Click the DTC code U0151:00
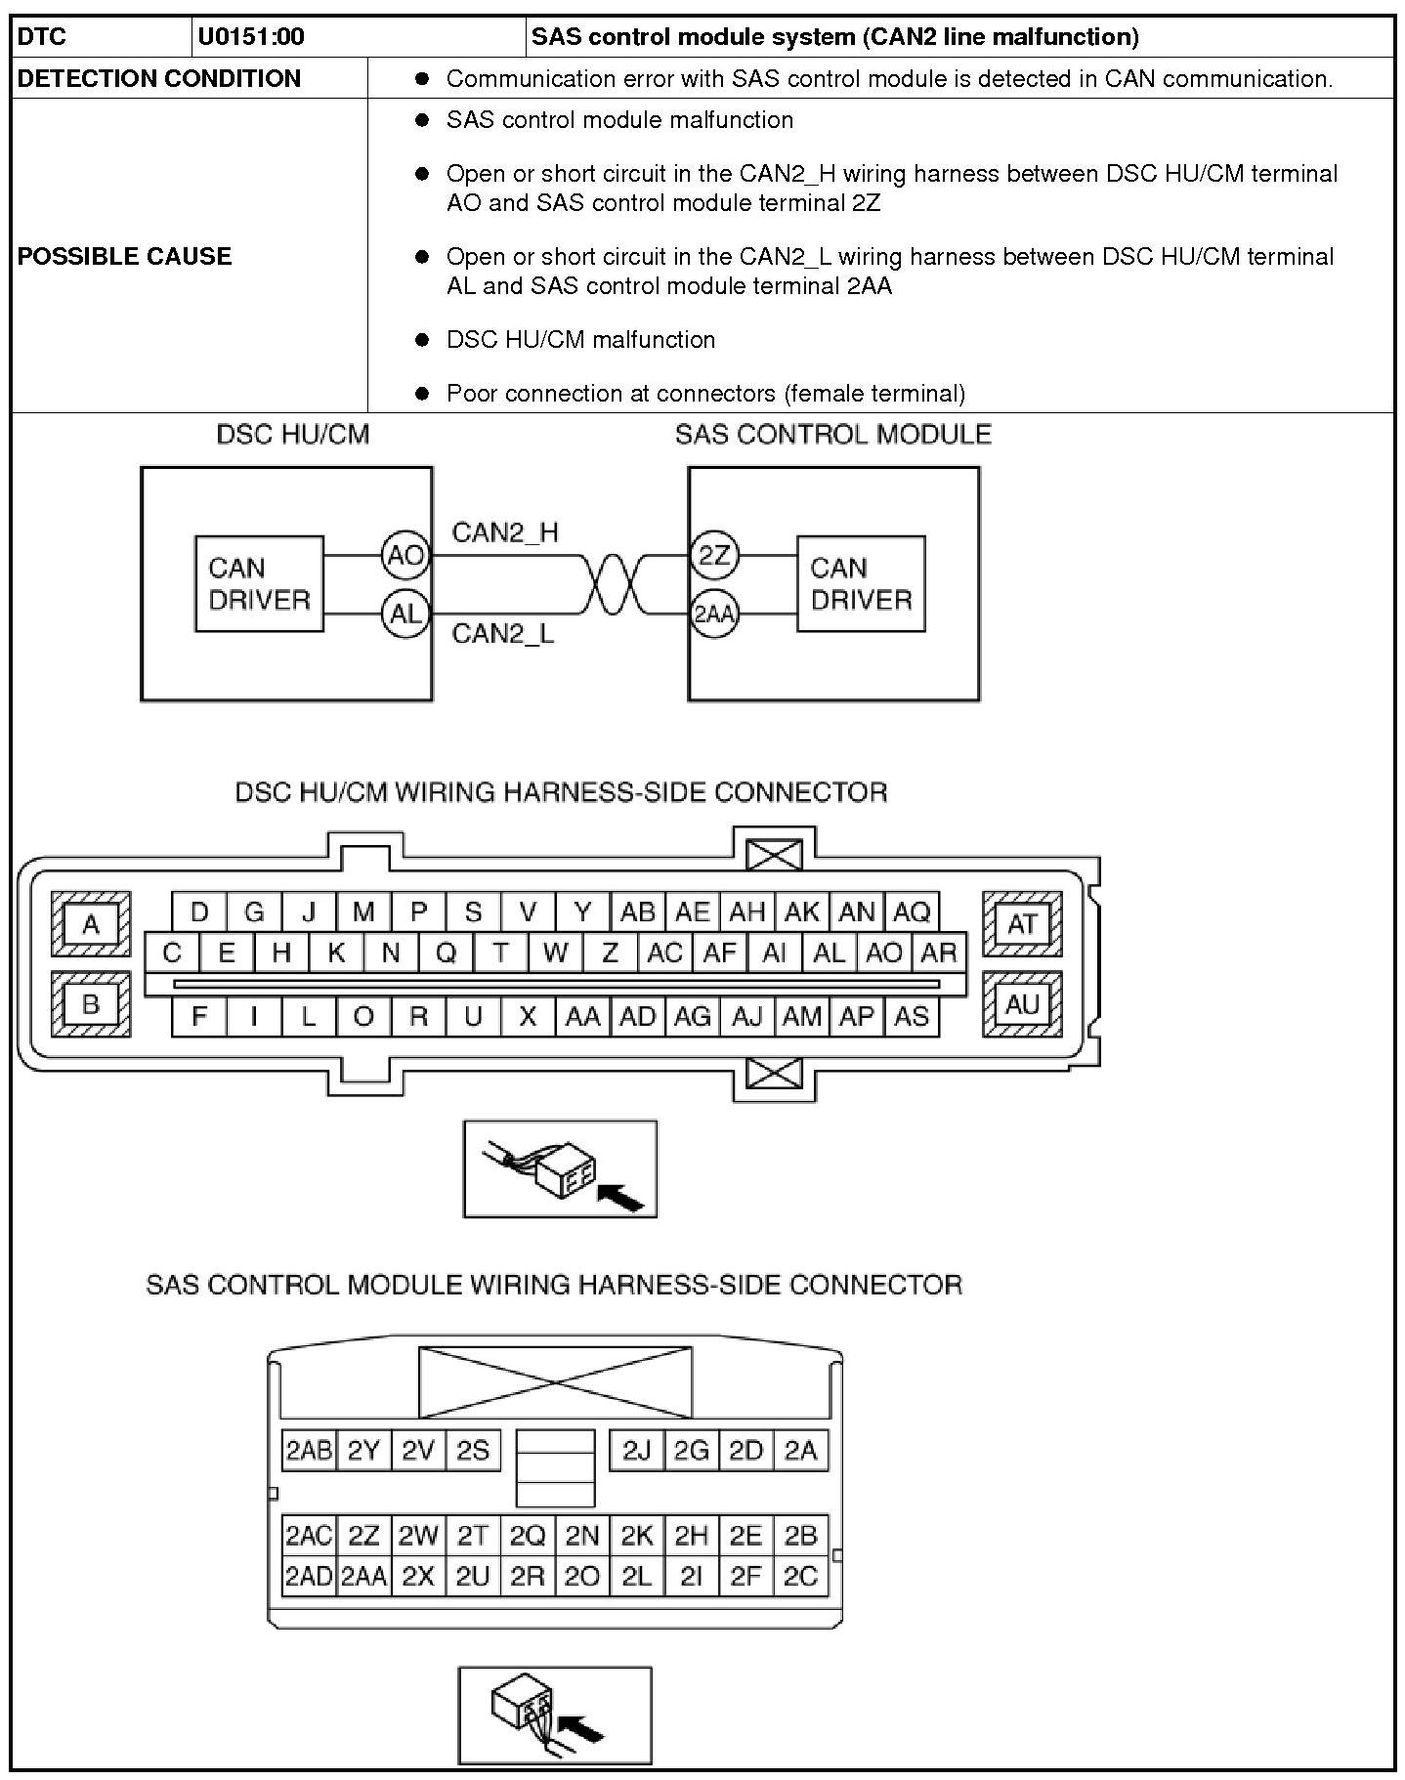coord(251,37)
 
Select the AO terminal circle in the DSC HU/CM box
coord(405,555)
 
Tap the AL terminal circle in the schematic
coord(405,614)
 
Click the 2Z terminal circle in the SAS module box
coord(714,555)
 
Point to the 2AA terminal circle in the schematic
coord(714,615)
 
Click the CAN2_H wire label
coord(505,532)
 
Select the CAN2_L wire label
coord(502,633)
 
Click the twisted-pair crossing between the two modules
coord(616,584)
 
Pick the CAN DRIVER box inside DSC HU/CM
coord(259,583)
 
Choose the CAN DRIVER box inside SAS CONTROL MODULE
coord(861,583)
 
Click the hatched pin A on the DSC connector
coord(91,923)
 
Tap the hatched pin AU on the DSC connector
coord(1022,1003)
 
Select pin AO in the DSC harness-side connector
coord(883,953)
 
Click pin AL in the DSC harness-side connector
coord(829,953)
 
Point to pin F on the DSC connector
coord(199,1016)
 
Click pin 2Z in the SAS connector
coord(363,1536)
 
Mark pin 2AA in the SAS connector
coord(363,1576)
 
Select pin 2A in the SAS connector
coord(800,1451)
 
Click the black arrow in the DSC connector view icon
coord(622,1196)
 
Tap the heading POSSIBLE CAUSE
coord(125,256)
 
